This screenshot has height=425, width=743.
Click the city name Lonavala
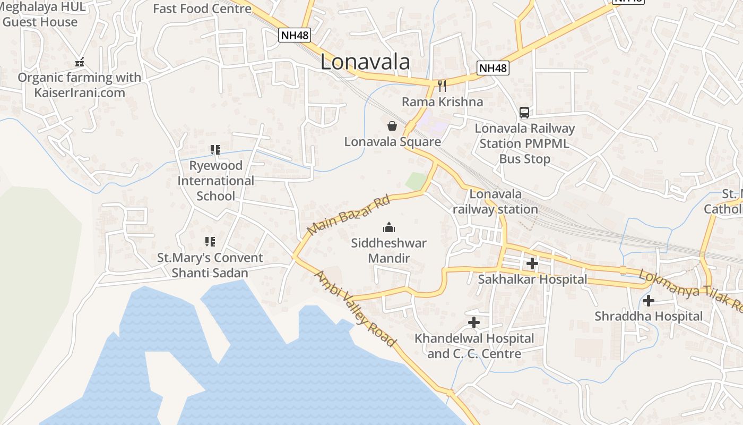click(365, 62)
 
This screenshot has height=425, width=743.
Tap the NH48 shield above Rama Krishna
click(493, 68)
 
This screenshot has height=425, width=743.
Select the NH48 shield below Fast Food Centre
click(295, 35)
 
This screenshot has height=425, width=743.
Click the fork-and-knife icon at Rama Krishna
click(442, 85)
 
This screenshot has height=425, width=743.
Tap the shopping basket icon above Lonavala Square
click(392, 126)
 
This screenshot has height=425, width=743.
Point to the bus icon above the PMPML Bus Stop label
click(524, 113)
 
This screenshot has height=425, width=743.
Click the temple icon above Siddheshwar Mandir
click(389, 227)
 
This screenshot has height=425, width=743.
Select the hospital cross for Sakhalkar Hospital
click(532, 263)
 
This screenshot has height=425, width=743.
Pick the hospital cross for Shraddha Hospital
click(648, 301)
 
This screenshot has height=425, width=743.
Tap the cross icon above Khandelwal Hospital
click(473, 322)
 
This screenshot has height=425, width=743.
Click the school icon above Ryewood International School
click(215, 150)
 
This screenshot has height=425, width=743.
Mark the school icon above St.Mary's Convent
click(210, 242)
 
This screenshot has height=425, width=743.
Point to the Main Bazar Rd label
click(348, 215)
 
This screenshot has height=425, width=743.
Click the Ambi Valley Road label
click(355, 308)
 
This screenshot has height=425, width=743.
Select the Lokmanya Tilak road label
click(690, 290)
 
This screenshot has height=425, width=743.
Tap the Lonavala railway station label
click(496, 201)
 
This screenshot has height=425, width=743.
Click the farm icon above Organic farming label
click(80, 63)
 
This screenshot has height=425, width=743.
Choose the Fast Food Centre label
click(202, 8)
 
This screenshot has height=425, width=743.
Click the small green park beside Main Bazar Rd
click(416, 181)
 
